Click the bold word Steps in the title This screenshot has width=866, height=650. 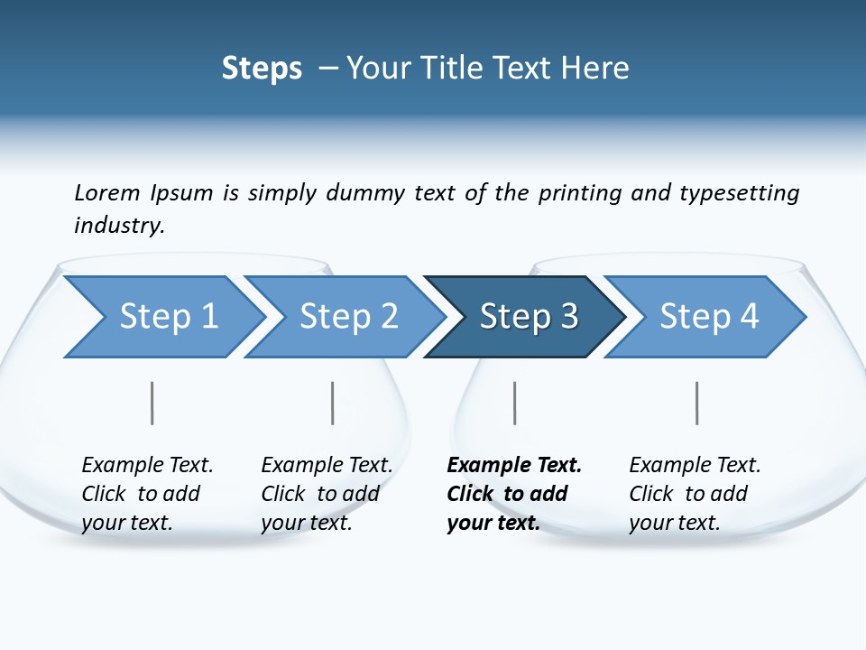pyautogui.click(x=262, y=68)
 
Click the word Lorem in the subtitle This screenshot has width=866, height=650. pyautogui.click(x=107, y=192)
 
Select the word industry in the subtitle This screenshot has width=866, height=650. pyautogui.click(x=119, y=225)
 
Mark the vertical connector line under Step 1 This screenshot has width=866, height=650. pyautogui.click(x=152, y=403)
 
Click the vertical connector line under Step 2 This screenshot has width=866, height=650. pyautogui.click(x=333, y=403)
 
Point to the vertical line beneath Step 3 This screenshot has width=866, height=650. pyautogui.click(x=515, y=403)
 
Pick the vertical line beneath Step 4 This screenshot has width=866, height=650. pyautogui.click(x=697, y=403)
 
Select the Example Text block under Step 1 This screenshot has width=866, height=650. pyautogui.click(x=147, y=494)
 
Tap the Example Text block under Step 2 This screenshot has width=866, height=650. pyautogui.click(x=327, y=494)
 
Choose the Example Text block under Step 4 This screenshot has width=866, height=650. pyautogui.click(x=695, y=494)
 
